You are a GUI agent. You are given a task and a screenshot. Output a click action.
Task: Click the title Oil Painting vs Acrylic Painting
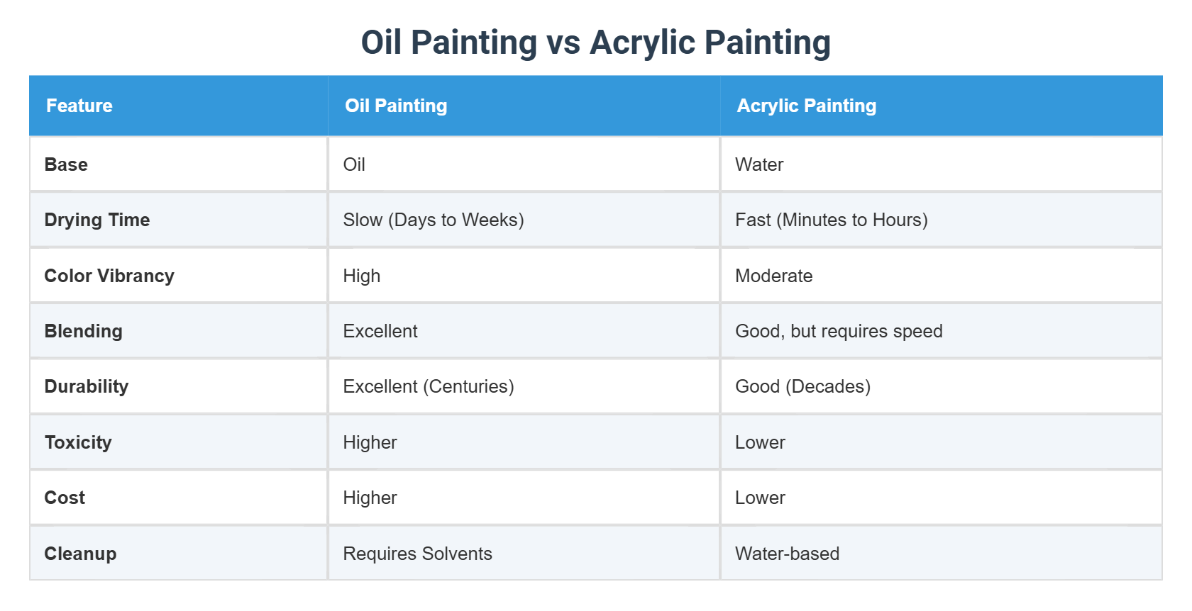pyautogui.click(x=595, y=43)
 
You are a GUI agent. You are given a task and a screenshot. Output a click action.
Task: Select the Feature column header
pyautogui.click(x=79, y=106)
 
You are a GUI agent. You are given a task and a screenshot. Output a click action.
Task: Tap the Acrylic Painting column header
pyautogui.click(x=806, y=106)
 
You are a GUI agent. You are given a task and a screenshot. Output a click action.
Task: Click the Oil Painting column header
pyautogui.click(x=396, y=106)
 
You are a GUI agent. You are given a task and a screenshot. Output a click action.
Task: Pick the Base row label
pyautogui.click(x=66, y=164)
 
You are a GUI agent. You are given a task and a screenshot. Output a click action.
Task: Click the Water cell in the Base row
pyautogui.click(x=759, y=164)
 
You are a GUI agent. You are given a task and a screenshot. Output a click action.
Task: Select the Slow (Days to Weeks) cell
pyautogui.click(x=433, y=220)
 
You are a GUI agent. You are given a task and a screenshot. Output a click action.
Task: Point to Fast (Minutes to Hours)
pyautogui.click(x=831, y=220)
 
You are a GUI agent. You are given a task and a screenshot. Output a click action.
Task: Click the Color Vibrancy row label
pyautogui.click(x=109, y=276)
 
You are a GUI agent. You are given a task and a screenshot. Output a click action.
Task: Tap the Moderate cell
pyautogui.click(x=773, y=276)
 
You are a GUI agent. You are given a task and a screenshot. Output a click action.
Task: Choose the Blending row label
pyautogui.click(x=83, y=331)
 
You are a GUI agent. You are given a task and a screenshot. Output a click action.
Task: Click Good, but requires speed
pyautogui.click(x=839, y=331)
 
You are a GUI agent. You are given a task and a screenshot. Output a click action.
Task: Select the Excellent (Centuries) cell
pyautogui.click(x=428, y=386)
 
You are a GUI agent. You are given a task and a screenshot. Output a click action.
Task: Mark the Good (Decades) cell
pyautogui.click(x=802, y=386)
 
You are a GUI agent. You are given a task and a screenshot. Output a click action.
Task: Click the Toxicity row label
pyautogui.click(x=78, y=442)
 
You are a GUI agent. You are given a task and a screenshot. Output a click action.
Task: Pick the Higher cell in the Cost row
pyautogui.click(x=370, y=498)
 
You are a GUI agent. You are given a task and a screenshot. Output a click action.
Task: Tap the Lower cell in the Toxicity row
pyautogui.click(x=760, y=442)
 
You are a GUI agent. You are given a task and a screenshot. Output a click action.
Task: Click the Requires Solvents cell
pyautogui.click(x=417, y=554)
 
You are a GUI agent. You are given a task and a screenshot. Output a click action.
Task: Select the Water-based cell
pyautogui.click(x=787, y=554)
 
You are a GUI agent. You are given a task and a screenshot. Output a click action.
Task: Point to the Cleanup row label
pyautogui.click(x=80, y=554)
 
